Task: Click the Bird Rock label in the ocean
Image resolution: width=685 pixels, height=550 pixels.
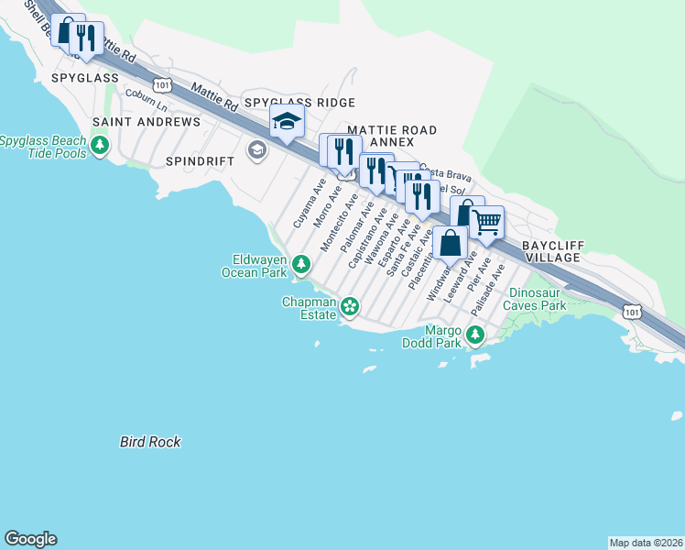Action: pyautogui.click(x=150, y=442)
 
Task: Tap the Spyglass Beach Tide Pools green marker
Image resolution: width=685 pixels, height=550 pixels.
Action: pyautogui.click(x=100, y=146)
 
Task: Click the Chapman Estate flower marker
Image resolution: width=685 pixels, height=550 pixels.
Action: pyautogui.click(x=349, y=305)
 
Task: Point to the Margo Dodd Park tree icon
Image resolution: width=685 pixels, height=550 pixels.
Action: pyautogui.click(x=474, y=335)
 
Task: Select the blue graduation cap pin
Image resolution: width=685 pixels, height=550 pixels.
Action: pyautogui.click(x=287, y=121)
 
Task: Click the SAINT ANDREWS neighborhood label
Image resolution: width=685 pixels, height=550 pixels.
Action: pyautogui.click(x=147, y=122)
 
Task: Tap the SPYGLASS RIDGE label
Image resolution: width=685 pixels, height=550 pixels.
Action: pyautogui.click(x=299, y=103)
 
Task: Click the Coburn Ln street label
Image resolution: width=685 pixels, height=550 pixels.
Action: pyautogui.click(x=147, y=93)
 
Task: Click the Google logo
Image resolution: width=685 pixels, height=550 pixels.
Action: pyautogui.click(x=30, y=539)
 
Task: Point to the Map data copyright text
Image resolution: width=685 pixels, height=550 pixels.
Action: pyautogui.click(x=646, y=542)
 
